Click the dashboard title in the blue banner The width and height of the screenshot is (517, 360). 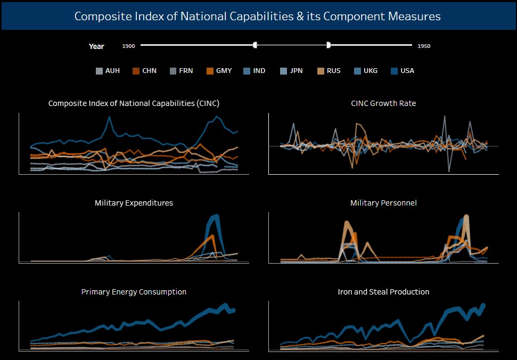pos(258,16)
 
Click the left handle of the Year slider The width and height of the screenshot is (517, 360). pos(255,45)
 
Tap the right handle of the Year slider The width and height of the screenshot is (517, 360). pos(329,45)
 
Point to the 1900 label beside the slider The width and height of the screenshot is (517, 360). pos(128,46)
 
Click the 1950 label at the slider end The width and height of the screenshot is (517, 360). pos(424,46)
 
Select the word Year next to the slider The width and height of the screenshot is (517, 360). pos(96,46)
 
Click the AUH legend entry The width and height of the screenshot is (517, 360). pos(108,71)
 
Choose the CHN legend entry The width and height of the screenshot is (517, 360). pos(144,71)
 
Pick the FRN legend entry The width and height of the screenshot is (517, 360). pos(181,71)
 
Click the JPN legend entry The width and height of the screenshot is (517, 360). pos(291,71)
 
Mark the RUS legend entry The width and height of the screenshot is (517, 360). pos(329,71)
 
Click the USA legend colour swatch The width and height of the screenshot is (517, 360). pos(395,71)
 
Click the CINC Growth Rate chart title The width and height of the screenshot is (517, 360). pos(383,103)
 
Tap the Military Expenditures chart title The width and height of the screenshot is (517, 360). pos(134,203)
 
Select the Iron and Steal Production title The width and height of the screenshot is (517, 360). pos(383,292)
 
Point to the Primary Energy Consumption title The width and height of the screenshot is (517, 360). pos(134,292)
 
